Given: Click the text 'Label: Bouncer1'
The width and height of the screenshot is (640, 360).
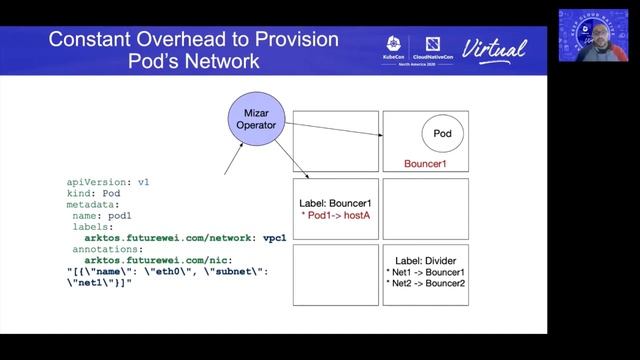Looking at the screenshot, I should click(x=335, y=203).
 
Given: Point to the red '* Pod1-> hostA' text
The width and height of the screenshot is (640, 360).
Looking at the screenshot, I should click(x=335, y=216).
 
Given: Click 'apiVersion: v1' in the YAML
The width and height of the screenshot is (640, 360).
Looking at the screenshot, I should click(x=107, y=182).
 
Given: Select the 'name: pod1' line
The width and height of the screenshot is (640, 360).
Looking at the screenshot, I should click(x=104, y=215).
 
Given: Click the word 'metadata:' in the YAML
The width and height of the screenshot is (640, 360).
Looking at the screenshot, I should click(x=95, y=204).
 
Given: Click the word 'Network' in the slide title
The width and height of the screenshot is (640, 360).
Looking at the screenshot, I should click(x=218, y=62).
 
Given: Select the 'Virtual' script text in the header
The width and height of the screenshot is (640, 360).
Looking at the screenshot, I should click(x=495, y=48).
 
